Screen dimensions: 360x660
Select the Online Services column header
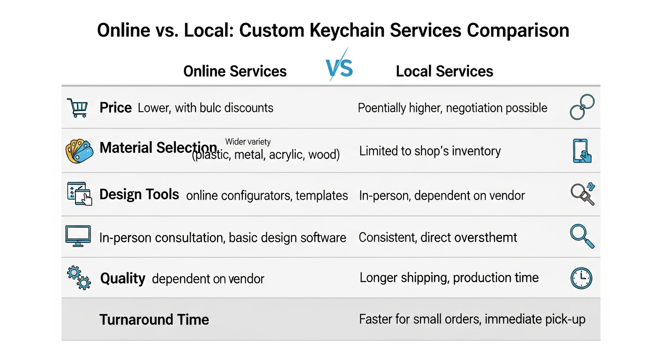tap(235, 71)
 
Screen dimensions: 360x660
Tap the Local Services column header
tap(444, 71)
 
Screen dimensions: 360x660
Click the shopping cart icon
tap(77, 107)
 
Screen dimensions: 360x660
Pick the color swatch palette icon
tap(78, 150)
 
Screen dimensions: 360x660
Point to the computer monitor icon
tap(77, 235)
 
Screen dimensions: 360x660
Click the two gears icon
tap(78, 277)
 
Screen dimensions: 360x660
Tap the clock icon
tap(581, 278)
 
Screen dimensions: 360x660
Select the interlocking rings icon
tap(582, 106)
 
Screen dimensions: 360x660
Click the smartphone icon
tap(582, 150)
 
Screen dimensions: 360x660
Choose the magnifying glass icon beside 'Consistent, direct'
tap(582, 236)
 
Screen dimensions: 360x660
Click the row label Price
tap(115, 108)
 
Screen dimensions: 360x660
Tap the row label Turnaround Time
tap(154, 320)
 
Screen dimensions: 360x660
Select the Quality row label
tap(123, 278)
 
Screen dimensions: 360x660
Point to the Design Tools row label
tap(139, 195)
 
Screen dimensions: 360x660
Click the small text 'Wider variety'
tap(248, 142)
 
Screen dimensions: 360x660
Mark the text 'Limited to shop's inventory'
tap(430, 151)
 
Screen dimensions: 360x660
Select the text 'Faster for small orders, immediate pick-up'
tap(472, 320)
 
